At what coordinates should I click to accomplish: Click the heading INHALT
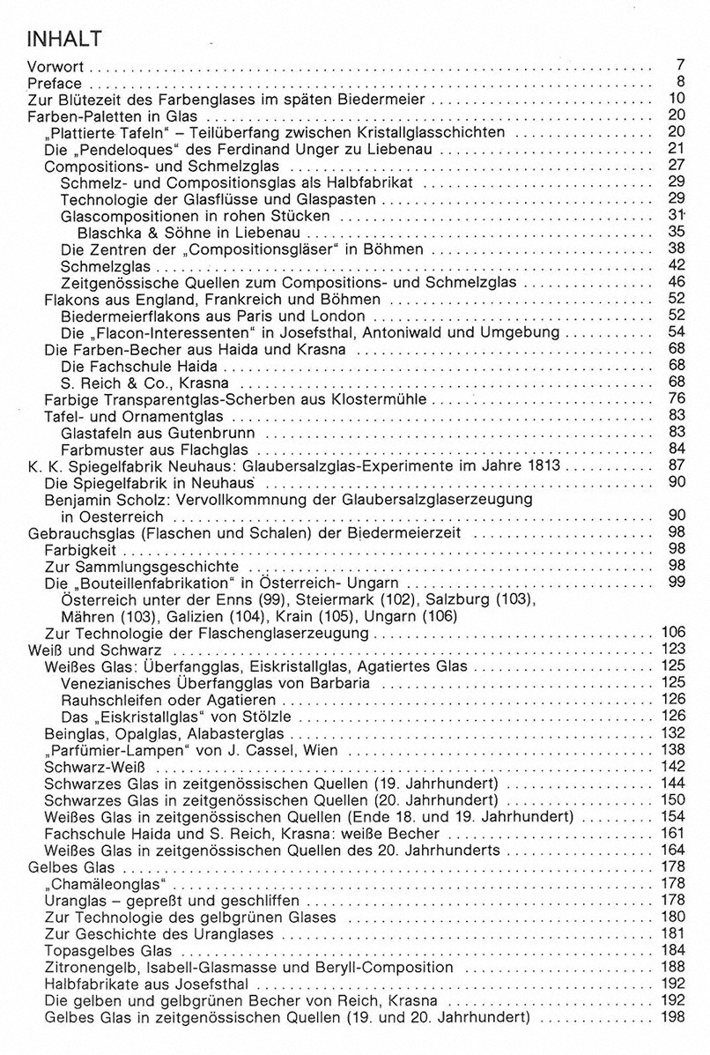click(66, 40)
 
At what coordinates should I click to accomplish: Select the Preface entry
click(55, 84)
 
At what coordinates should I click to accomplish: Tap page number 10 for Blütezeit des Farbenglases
click(676, 100)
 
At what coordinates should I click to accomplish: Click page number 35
click(676, 233)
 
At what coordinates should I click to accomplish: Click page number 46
click(676, 283)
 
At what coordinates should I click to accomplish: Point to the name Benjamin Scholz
click(107, 500)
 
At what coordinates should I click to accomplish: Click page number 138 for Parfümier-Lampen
click(672, 749)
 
